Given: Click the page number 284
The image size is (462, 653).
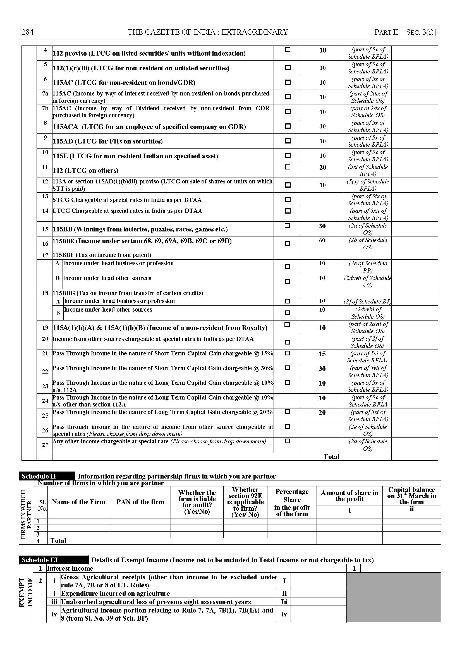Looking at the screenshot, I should [28, 32].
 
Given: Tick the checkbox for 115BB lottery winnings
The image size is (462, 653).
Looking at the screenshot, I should [287, 226].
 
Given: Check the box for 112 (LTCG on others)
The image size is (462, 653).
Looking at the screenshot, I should [288, 167].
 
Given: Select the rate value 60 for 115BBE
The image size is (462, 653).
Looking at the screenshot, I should [322, 240].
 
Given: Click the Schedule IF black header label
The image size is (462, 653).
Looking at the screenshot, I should [40, 476].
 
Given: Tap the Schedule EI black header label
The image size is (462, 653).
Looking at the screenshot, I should [40, 560].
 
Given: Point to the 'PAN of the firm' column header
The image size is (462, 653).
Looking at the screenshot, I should [140, 502].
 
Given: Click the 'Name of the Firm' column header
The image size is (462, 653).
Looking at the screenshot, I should [78, 502].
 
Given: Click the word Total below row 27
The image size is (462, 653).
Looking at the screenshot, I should [331, 457].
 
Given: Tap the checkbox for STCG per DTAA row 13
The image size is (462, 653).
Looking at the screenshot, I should [288, 199].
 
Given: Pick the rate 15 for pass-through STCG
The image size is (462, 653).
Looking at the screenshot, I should [322, 354].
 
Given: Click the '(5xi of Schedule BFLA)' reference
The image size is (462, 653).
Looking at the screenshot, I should [368, 170].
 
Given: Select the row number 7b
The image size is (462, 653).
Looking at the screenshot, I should [45, 108].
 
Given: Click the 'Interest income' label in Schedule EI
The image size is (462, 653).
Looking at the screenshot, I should [70, 568].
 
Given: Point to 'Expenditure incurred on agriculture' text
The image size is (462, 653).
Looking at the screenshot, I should [115, 593].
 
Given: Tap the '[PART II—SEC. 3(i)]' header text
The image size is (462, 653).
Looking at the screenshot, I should [404, 32].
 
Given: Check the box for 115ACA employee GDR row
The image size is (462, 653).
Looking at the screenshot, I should [288, 126].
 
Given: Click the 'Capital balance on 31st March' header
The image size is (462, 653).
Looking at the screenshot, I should [411, 496].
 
